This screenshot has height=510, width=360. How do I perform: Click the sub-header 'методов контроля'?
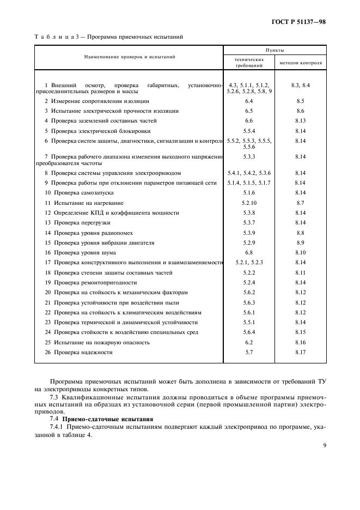coord(301,63)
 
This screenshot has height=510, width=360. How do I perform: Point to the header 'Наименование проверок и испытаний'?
coord(129,56)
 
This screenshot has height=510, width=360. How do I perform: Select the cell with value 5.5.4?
coord(249,131)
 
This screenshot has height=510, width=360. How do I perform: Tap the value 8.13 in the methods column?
coord(300,121)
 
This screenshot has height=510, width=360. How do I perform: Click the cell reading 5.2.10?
coord(249,203)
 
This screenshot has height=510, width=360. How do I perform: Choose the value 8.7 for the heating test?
coord(300,203)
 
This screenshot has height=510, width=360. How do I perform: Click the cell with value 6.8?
coord(249,253)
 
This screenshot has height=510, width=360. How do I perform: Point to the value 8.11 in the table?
coord(300,272)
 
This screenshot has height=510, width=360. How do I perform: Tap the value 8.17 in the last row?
coord(300,353)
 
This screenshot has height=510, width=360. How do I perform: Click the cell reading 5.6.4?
coord(249,332)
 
